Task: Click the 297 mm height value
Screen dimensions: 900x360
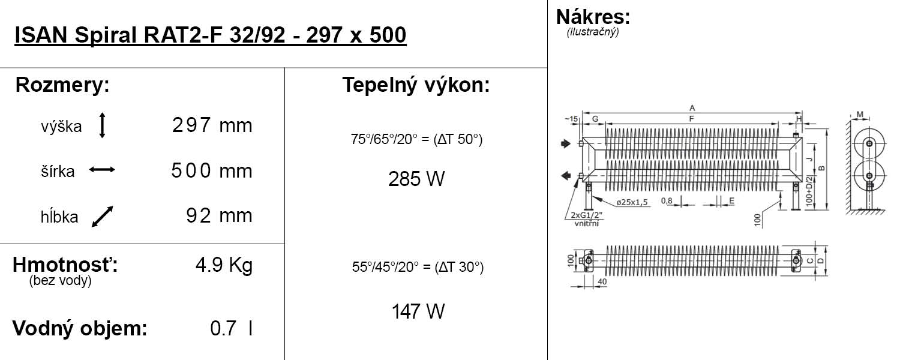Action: click(x=212, y=125)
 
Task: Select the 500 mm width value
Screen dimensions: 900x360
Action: click(x=212, y=170)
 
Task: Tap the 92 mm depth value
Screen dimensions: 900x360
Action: click(x=220, y=215)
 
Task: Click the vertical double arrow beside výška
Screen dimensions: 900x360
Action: click(x=102, y=125)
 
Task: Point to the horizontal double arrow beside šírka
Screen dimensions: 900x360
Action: click(x=102, y=170)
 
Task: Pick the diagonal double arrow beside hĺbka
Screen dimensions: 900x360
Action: click(x=103, y=217)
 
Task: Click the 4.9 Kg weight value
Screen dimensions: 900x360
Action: click(x=224, y=265)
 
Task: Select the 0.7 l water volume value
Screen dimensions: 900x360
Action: click(x=232, y=328)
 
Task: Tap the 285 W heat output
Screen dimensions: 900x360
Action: click(x=416, y=179)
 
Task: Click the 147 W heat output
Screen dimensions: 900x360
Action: click(x=418, y=311)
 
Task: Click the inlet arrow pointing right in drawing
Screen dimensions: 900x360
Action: click(x=566, y=143)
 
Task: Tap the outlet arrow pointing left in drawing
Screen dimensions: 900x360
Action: click(x=566, y=176)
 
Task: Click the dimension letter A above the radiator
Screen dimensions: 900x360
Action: click(x=692, y=107)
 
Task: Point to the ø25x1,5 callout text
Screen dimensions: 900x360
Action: click(x=632, y=202)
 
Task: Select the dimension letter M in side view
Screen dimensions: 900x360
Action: click(x=860, y=115)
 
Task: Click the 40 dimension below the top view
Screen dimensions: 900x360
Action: click(x=602, y=281)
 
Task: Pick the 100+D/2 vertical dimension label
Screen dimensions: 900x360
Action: click(x=809, y=191)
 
